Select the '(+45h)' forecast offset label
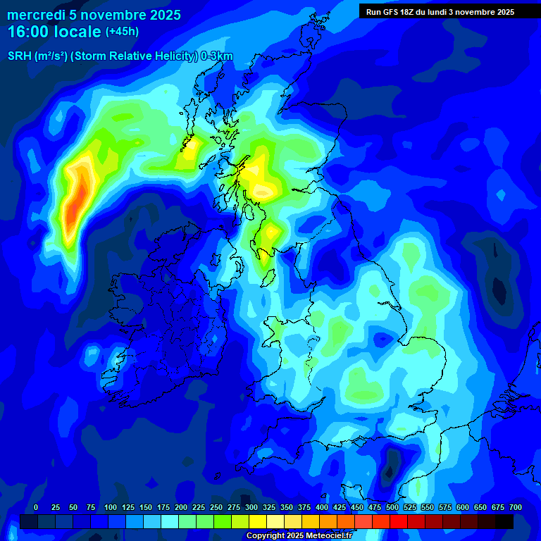[122, 32]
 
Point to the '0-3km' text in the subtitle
[217, 56]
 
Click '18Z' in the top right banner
[414, 12]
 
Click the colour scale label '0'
[36, 507]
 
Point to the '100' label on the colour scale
[111, 507]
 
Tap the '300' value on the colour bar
[251, 507]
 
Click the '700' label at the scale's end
[516, 507]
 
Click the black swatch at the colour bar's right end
[504, 521]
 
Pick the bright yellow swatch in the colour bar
[258, 521]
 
